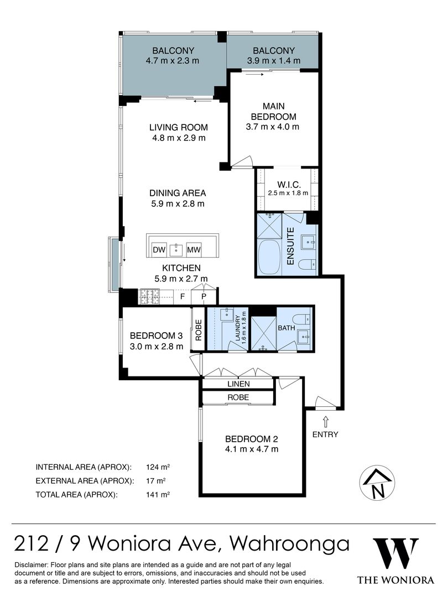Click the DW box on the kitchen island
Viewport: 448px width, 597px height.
coord(159,249)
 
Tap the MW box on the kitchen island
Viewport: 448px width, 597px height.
coord(194,249)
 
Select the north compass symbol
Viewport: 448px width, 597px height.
coord(377,483)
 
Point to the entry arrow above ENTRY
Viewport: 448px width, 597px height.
coord(325,421)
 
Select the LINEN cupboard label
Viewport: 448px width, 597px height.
coord(238,384)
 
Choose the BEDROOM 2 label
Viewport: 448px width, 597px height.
coord(252,439)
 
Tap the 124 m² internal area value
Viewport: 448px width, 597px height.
coord(156,465)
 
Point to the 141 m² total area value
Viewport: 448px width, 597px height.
coord(156,494)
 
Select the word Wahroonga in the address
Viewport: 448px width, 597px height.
coord(289,543)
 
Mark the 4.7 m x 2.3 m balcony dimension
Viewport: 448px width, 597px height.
coord(173,61)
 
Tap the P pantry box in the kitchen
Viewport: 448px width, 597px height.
coord(204,297)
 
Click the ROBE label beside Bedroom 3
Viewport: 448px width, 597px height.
coord(198,329)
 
